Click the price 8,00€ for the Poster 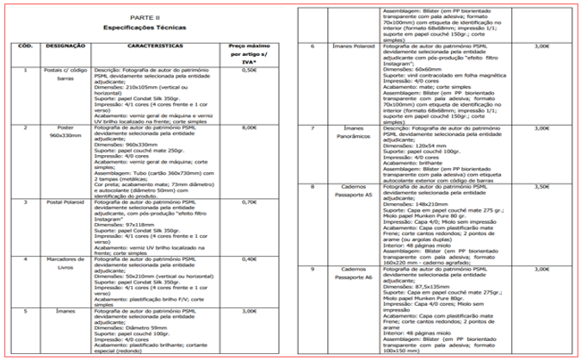pos(250,127)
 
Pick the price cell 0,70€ pos(250,201)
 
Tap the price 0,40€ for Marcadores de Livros pos(250,258)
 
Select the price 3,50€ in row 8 pos(541,187)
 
